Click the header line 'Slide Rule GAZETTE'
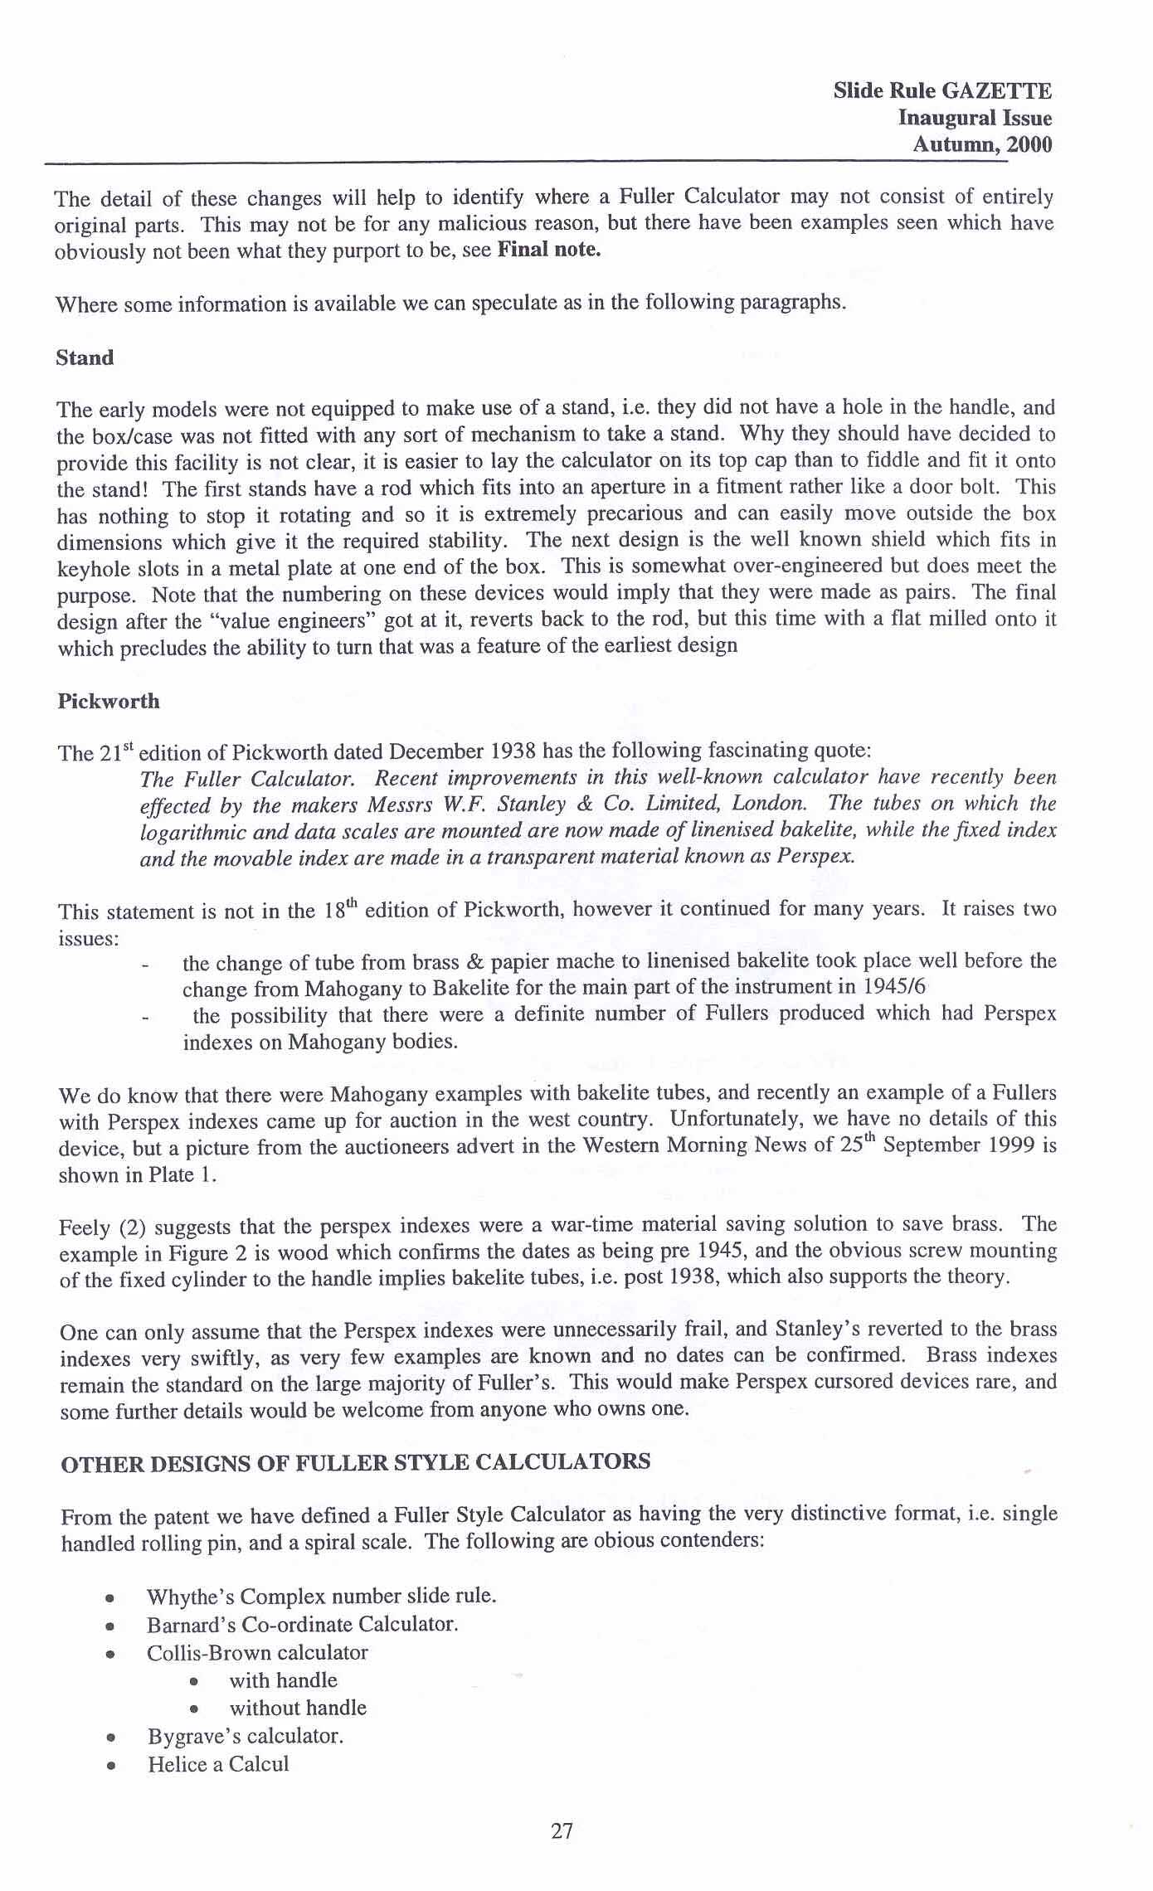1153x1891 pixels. pos(942,90)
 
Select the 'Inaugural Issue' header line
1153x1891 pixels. pos(975,118)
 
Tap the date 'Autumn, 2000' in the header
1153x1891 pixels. pos(981,144)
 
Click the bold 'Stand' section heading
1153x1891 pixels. pos(85,358)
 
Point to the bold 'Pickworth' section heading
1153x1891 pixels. pos(108,702)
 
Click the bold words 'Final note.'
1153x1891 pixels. pos(548,250)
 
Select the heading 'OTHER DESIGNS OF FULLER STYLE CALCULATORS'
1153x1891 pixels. pos(355,1462)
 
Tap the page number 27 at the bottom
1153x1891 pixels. pos(562,1831)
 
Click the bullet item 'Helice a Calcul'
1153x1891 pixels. pos(218,1764)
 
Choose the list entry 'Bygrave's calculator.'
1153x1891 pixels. pos(246,1736)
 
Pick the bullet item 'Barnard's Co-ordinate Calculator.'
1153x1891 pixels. pos(302,1624)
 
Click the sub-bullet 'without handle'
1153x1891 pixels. pos(298,1708)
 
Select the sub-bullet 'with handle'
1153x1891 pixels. pos(283,1680)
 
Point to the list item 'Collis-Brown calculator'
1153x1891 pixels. pos(257,1652)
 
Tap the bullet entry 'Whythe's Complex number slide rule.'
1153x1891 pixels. pos(321,1596)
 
